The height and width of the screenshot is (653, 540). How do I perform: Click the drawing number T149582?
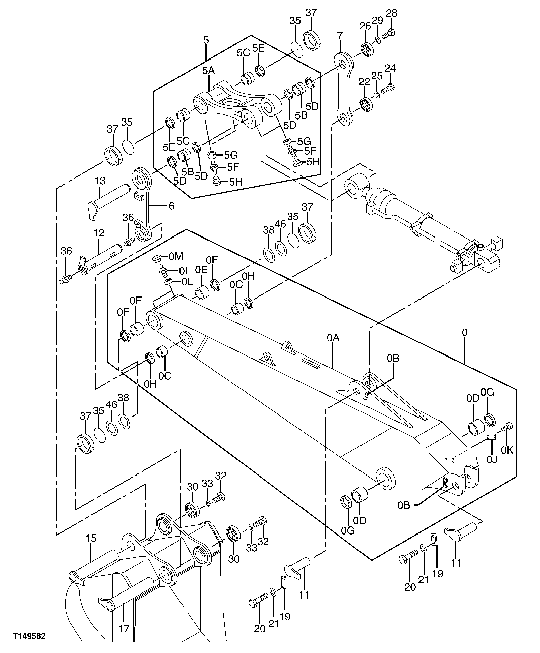(29, 637)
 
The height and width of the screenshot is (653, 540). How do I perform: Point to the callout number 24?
(390, 68)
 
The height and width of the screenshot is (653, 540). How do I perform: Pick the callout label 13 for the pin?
(99, 181)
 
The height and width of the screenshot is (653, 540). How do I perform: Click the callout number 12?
(99, 232)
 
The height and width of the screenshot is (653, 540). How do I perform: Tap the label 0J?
(491, 459)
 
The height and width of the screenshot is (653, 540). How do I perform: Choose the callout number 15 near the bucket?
(91, 539)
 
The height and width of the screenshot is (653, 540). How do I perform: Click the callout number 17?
(124, 628)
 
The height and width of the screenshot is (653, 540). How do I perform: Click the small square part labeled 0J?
(490, 437)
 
